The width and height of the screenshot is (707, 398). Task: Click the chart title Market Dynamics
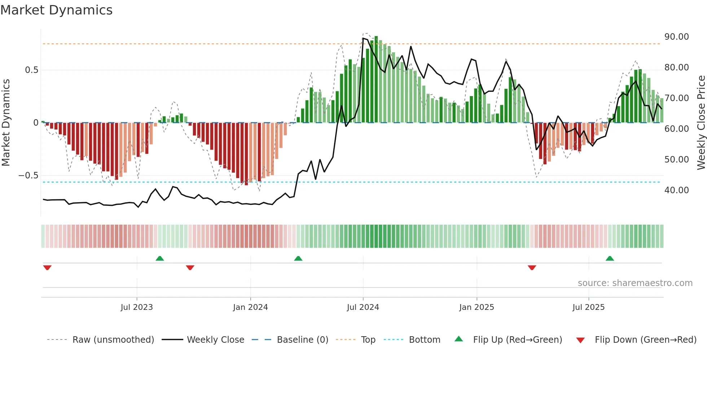[x=57, y=10]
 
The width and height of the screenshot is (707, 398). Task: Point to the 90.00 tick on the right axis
[x=676, y=37]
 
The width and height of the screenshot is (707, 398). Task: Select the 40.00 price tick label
[x=676, y=190]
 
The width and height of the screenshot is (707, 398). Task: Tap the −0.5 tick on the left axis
[x=28, y=176]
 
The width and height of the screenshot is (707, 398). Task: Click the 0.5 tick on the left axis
[x=31, y=70]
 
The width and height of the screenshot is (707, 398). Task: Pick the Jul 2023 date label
[x=137, y=307]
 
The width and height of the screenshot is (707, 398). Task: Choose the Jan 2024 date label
[x=250, y=307]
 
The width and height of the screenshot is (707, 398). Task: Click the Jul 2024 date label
[x=363, y=307]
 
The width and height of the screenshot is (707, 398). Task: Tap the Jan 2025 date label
[x=477, y=307]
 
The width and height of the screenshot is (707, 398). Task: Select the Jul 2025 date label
[x=588, y=307]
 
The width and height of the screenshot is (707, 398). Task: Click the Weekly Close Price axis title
[x=701, y=122]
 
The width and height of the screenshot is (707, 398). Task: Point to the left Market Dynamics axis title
[x=6, y=122]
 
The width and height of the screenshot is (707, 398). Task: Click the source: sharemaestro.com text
[x=635, y=283]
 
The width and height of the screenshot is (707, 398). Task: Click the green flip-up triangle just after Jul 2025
[x=610, y=258]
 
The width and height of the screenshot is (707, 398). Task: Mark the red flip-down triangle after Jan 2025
[x=532, y=268]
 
